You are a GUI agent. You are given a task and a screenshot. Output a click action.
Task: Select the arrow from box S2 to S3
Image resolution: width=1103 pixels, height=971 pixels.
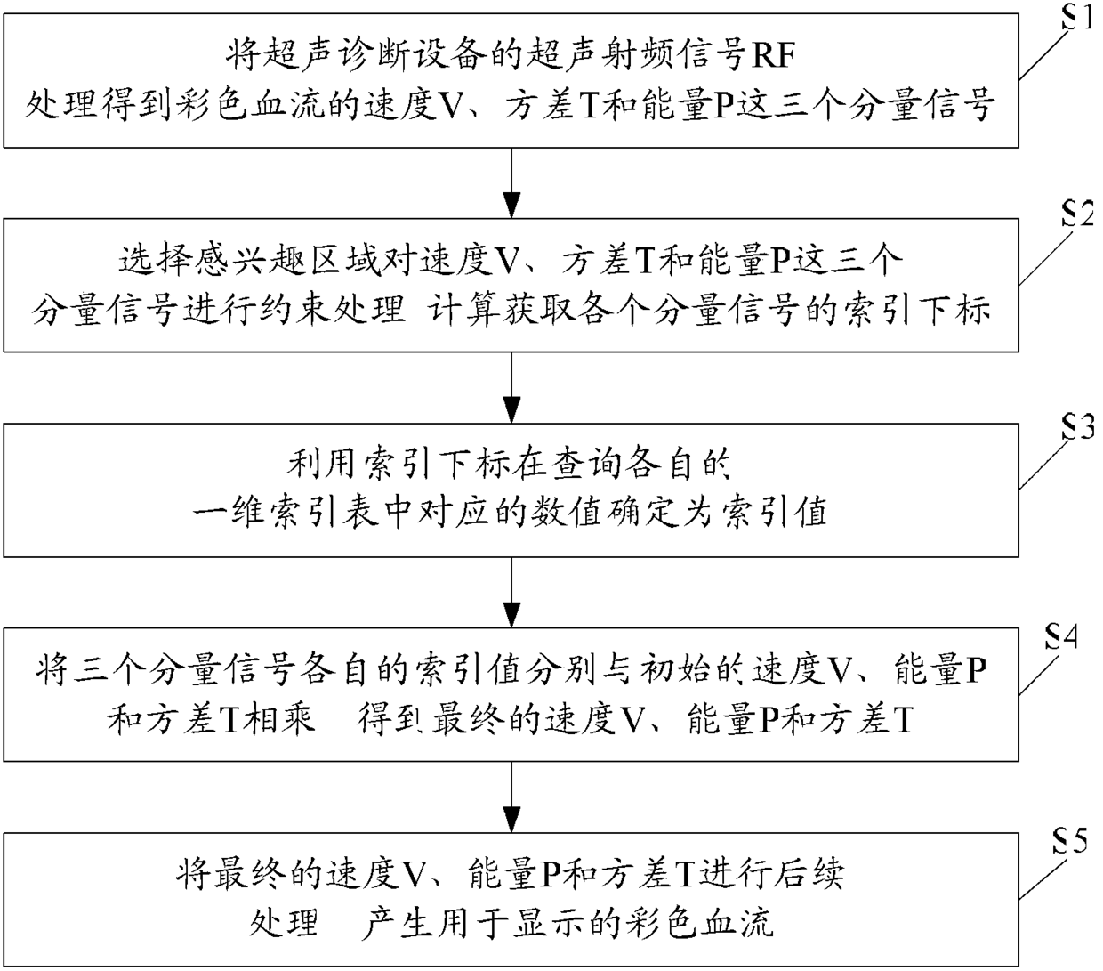tap(511, 387)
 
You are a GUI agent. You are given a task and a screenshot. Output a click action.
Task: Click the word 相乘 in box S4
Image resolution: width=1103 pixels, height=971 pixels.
tap(284, 720)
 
